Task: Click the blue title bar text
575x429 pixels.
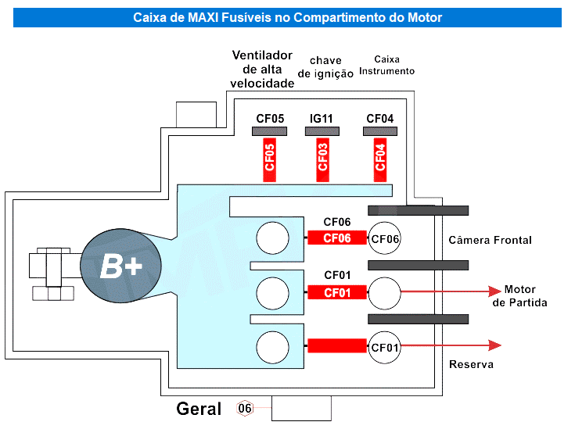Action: (x=287, y=17)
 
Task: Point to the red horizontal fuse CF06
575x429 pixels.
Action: (x=337, y=238)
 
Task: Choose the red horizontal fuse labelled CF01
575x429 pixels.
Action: (x=337, y=293)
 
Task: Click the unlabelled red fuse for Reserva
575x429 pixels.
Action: (x=337, y=345)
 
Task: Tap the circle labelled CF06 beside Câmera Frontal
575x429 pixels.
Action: (x=385, y=238)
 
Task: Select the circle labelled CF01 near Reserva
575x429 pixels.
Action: (x=385, y=346)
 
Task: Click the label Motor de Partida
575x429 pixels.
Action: (x=519, y=296)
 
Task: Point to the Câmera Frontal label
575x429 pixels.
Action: (x=490, y=240)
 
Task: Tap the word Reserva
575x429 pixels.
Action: (x=471, y=364)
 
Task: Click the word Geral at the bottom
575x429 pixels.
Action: (x=199, y=409)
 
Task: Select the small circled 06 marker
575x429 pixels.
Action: (x=245, y=409)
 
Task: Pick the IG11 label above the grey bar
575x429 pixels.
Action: (x=322, y=119)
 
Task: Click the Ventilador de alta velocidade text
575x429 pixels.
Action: (x=262, y=70)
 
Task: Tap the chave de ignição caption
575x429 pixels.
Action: (x=325, y=67)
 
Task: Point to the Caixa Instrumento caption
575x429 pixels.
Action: (x=386, y=65)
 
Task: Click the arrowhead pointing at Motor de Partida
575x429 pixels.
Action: (x=494, y=291)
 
